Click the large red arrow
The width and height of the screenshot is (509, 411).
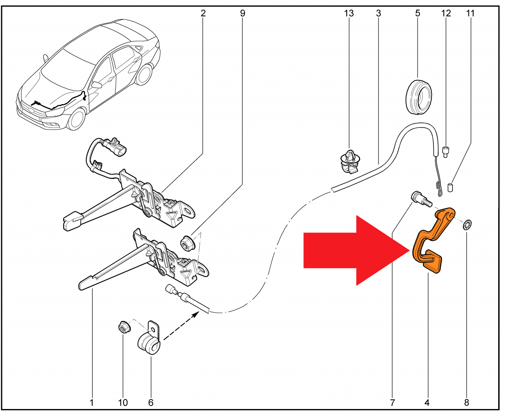point(354,250)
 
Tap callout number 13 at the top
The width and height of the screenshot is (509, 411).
point(349,13)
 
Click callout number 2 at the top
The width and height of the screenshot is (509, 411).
point(203,13)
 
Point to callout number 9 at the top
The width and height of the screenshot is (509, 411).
point(243,13)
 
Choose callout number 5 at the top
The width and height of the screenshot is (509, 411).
point(418,13)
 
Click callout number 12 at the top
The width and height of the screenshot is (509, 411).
point(446,13)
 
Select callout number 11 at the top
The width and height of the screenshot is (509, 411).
point(470,13)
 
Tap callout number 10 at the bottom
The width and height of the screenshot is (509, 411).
point(123,402)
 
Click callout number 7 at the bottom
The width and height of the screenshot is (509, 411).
point(392,402)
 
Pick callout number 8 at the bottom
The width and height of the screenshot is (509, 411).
point(466,402)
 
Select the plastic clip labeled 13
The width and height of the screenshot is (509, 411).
point(350,162)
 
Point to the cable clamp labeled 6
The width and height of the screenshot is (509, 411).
point(150,339)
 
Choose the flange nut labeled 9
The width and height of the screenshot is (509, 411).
point(188,243)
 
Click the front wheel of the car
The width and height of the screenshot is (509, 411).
point(77,119)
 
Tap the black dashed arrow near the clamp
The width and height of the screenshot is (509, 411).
point(181,326)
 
